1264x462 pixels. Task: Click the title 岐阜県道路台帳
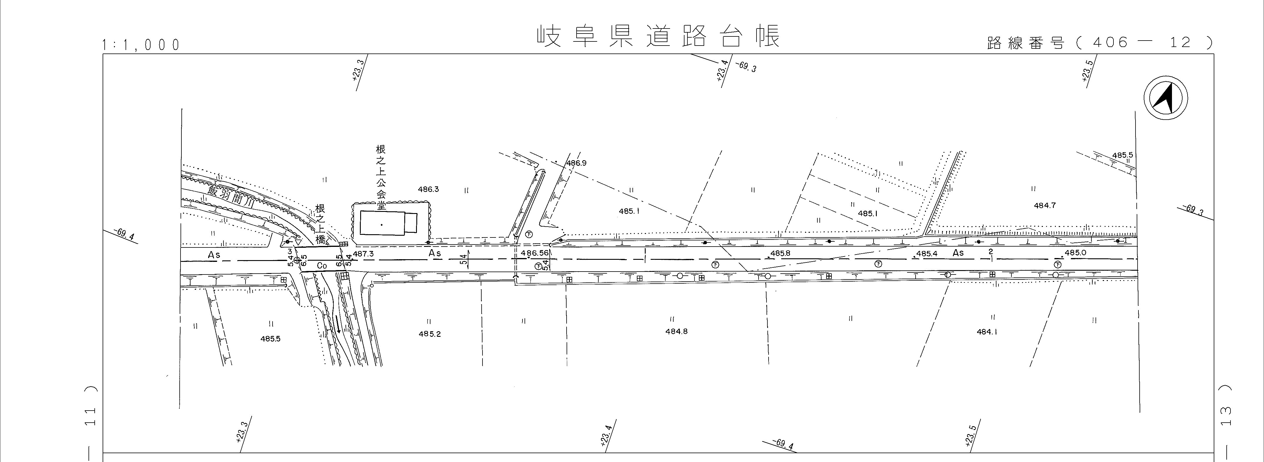pyautogui.click(x=657, y=36)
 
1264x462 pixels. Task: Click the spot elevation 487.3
pyautogui.click(x=363, y=254)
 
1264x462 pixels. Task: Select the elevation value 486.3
pyautogui.click(x=428, y=189)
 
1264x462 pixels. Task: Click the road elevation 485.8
pyautogui.click(x=780, y=254)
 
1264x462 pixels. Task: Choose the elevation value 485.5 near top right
pyautogui.click(x=1123, y=155)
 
